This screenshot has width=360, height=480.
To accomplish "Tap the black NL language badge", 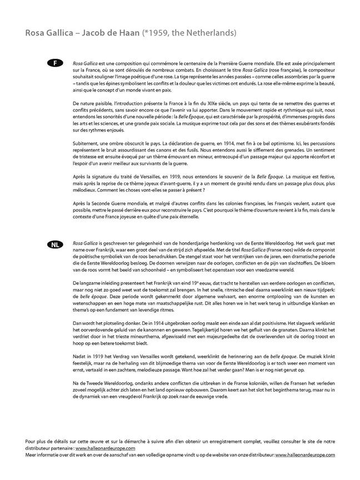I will pos(55,244).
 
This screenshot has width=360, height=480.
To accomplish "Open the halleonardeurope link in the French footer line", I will pos(106,447).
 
